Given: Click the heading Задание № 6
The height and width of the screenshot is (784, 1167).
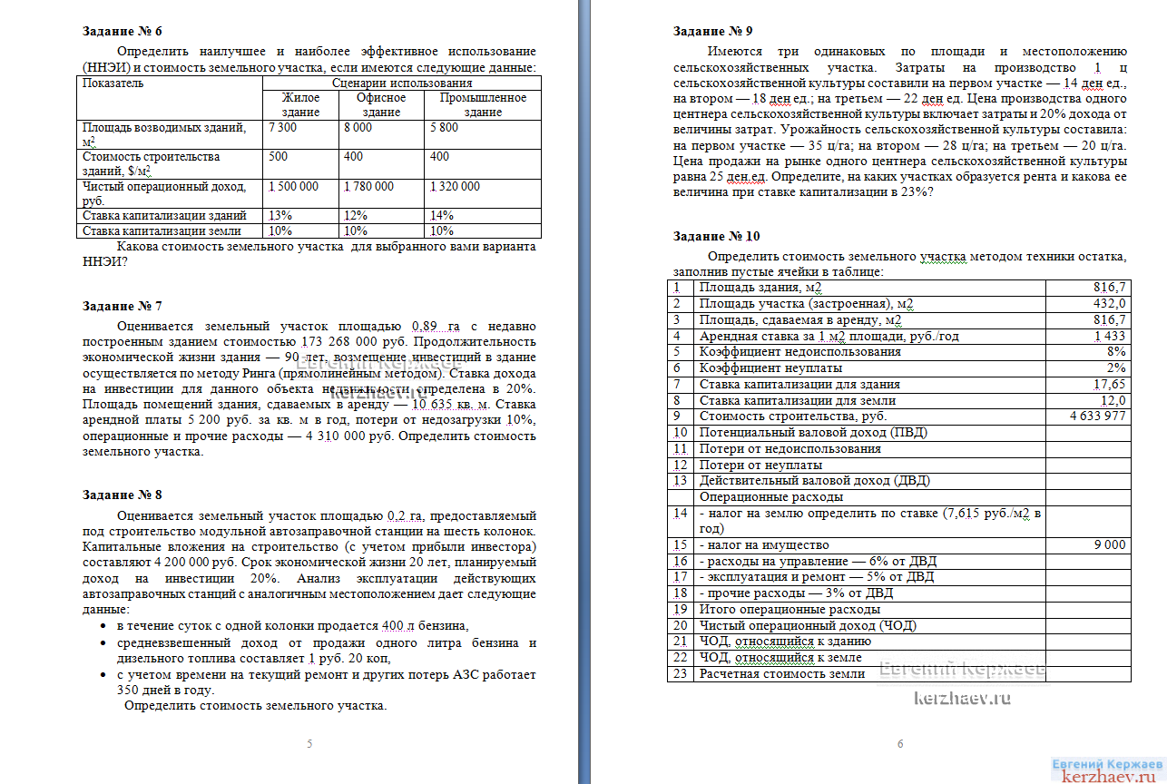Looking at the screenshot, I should (123, 32).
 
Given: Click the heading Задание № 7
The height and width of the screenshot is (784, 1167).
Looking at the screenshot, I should (123, 306).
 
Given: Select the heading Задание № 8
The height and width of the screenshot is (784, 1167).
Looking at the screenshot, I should (123, 495).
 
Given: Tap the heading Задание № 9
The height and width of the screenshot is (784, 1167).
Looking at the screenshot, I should (713, 31).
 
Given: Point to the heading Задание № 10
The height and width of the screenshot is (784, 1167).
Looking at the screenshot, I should (717, 236).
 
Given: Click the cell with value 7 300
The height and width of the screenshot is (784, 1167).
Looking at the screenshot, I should (283, 128).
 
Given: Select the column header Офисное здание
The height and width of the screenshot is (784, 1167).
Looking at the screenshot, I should (381, 104).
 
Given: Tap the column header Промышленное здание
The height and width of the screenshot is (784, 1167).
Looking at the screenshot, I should (483, 104).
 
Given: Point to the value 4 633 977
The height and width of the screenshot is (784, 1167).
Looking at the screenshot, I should (1098, 416).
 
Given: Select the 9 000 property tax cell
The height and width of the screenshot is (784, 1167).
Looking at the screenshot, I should (1109, 544).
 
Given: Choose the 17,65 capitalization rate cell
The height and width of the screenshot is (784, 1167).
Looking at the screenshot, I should (1109, 384).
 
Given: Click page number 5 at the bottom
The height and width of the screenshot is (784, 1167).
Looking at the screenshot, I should (309, 744).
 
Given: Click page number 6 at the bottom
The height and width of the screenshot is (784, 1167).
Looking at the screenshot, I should (900, 744).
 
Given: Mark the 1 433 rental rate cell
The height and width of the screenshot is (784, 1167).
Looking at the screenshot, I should (1110, 336).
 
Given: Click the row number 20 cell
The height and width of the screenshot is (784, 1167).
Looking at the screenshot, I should (681, 625).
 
